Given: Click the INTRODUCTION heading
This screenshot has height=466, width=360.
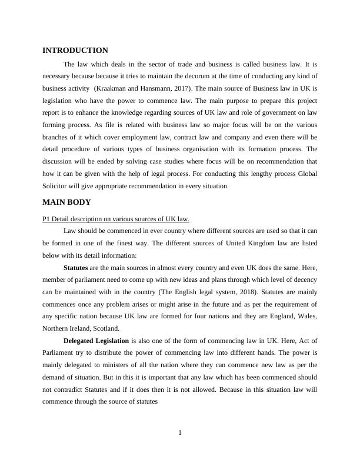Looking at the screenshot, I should point(75,51).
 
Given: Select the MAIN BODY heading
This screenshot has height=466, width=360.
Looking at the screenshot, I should point(67,202).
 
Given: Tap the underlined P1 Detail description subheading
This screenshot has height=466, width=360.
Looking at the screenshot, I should point(116,219).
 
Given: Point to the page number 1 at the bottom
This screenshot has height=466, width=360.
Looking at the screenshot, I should point(180,434).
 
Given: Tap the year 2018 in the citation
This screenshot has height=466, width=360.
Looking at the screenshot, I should point(222,292).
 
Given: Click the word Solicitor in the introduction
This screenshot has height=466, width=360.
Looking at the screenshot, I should point(58,186).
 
